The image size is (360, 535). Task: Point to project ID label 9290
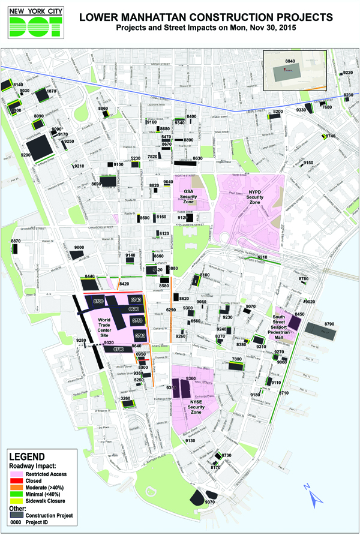coord(25,155)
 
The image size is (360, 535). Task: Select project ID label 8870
coord(16,241)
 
